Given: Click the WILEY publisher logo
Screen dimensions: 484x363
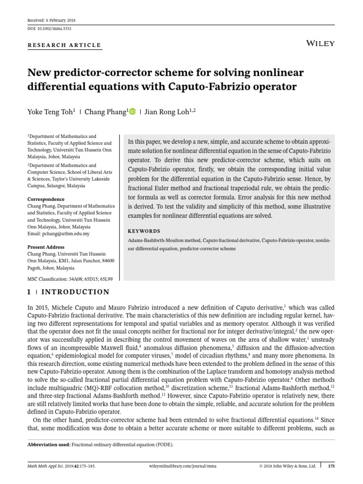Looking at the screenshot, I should [x=320, y=43].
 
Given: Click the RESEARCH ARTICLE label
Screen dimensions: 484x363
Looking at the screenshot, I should [x=64, y=45].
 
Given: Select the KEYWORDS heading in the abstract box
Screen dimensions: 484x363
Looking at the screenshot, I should [x=144, y=232].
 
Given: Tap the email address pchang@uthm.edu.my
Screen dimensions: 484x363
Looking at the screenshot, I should [x=59, y=233].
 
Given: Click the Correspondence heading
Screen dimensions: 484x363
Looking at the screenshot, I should [x=46, y=199].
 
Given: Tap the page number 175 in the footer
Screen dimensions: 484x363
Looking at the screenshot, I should [x=331, y=466].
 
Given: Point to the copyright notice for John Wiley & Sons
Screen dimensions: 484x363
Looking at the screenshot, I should [x=287, y=466].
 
